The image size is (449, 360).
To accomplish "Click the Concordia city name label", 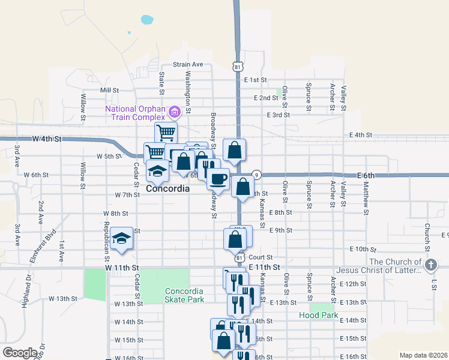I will click(167, 188).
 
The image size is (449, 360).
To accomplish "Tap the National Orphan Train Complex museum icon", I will click(175, 112).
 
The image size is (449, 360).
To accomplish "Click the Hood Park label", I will click(319, 315).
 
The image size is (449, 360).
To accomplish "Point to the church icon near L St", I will click(430, 265).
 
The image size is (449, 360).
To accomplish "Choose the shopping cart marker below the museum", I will click(166, 132).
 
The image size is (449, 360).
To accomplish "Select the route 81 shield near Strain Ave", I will click(238, 67).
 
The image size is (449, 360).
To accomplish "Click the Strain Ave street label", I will click(188, 65).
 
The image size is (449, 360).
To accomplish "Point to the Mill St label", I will click(110, 90).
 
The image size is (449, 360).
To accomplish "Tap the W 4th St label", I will click(47, 139).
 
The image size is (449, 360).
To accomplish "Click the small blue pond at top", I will click(146, 19).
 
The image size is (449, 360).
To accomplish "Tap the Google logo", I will click(20, 353).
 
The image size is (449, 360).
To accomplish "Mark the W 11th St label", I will click(122, 268).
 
